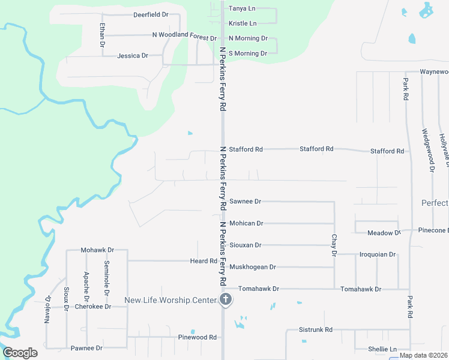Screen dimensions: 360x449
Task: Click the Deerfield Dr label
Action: [151, 14]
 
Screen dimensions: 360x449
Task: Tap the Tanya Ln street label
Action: [241, 9]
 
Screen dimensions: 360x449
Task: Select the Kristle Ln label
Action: [243, 23]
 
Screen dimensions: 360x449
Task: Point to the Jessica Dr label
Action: [133, 56]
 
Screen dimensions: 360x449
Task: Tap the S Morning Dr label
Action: [248, 53]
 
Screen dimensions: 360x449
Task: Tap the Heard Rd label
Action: [203, 261]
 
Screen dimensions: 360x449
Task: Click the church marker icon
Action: [226, 299]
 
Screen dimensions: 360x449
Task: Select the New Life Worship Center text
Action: [170, 300]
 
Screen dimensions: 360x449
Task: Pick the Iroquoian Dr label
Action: [378, 254]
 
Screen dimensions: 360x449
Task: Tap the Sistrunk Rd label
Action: [316, 330]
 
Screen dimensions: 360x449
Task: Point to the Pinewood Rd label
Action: [197, 338]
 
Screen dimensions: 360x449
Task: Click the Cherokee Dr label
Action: [93, 307]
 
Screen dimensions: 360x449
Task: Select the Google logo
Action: [20, 352]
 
